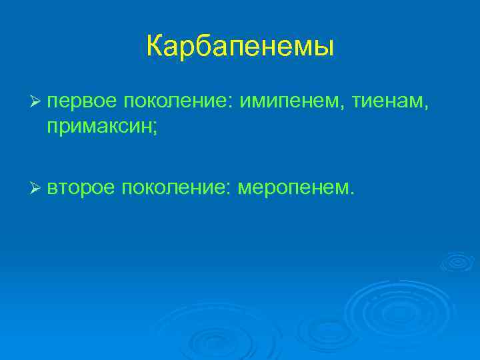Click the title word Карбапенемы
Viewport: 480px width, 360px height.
coord(239,47)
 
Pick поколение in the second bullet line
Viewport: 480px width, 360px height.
coord(172,189)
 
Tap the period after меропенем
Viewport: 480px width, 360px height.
coord(351,195)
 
